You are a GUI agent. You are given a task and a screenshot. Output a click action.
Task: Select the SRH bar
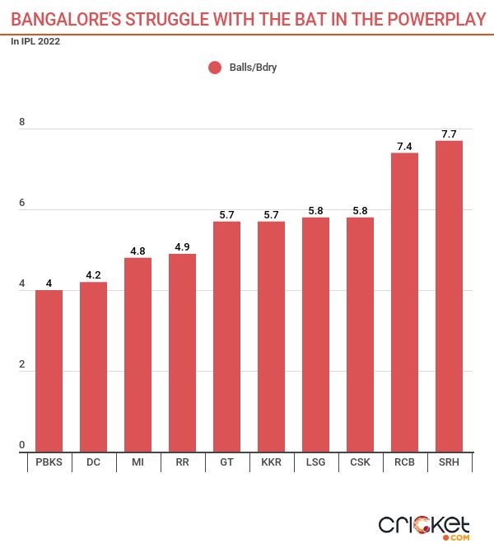tap(449, 297)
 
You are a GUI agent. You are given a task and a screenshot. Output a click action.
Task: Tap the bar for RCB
tap(404, 302)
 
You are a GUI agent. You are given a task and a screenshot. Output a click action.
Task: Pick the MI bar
tap(137, 354)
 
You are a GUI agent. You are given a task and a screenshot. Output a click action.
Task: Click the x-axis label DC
tap(93, 463)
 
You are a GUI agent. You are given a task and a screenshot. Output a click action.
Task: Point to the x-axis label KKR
tap(271, 463)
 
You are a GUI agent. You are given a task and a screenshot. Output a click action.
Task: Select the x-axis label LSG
tap(315, 463)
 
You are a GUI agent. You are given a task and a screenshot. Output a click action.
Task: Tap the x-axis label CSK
tap(360, 463)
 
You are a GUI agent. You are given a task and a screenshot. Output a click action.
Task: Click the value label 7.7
tap(449, 134)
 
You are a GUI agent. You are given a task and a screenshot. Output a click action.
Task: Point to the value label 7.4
tap(404, 146)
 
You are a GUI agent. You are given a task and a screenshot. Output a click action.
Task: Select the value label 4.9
tap(182, 246)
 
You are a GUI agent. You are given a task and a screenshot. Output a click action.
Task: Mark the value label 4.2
tap(93, 275)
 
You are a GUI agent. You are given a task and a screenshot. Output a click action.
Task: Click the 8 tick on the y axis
tap(22, 123)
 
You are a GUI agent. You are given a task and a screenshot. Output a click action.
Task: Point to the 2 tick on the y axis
tap(22, 365)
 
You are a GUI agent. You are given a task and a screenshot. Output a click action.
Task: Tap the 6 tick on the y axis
tap(22, 204)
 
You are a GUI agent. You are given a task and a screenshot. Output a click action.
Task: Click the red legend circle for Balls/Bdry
tap(215, 68)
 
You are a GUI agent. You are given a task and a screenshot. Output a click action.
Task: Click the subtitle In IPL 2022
tap(35, 40)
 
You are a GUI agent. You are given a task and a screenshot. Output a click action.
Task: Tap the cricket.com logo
tap(424, 526)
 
